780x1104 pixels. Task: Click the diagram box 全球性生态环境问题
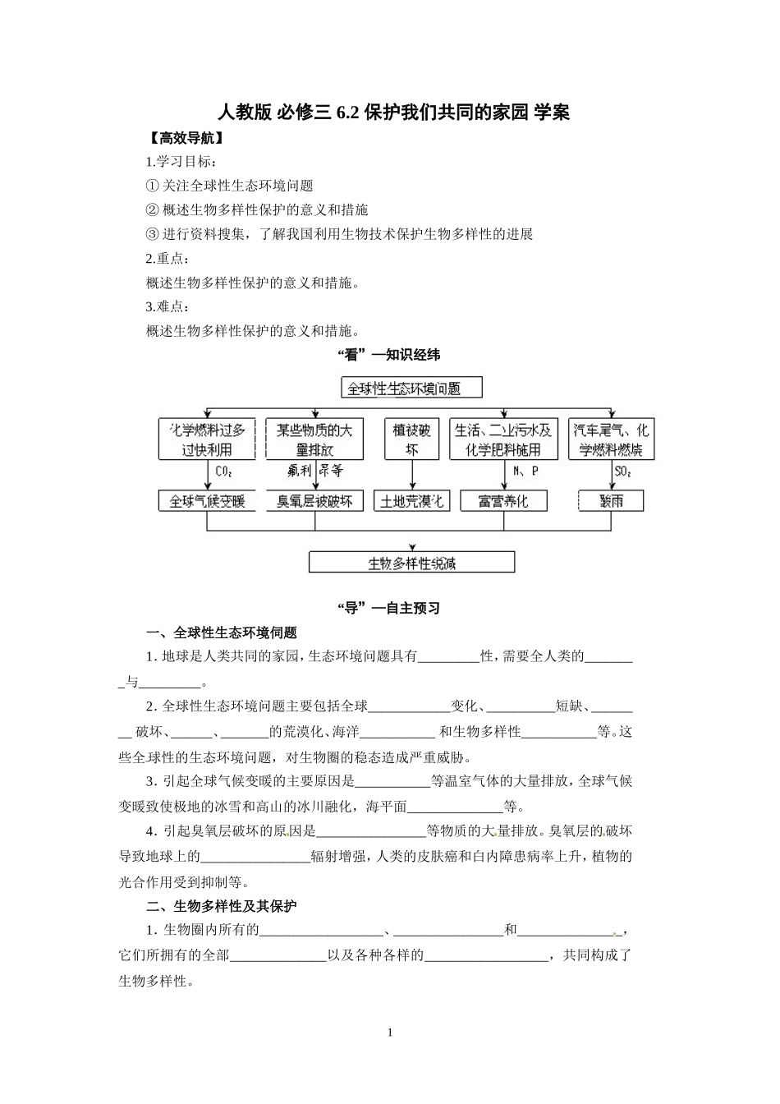click(411, 388)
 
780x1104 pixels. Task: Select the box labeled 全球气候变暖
click(207, 500)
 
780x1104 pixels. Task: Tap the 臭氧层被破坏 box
click(314, 500)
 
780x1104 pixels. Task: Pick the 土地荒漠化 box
click(411, 500)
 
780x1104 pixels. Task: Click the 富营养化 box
click(503, 500)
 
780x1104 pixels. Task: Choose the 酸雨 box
click(611, 500)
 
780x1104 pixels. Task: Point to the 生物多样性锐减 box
click(411, 563)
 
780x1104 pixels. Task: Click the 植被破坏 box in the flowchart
click(411, 439)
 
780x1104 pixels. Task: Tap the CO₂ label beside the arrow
click(224, 471)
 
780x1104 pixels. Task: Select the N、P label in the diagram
click(525, 471)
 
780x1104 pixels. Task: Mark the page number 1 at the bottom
click(390, 1033)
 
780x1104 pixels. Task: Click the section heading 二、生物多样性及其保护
click(221, 906)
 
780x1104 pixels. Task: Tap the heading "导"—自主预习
click(389, 608)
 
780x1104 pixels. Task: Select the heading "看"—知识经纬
click(389, 355)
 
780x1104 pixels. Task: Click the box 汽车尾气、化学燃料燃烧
click(611, 439)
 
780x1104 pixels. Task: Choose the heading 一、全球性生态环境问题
click(221, 632)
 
